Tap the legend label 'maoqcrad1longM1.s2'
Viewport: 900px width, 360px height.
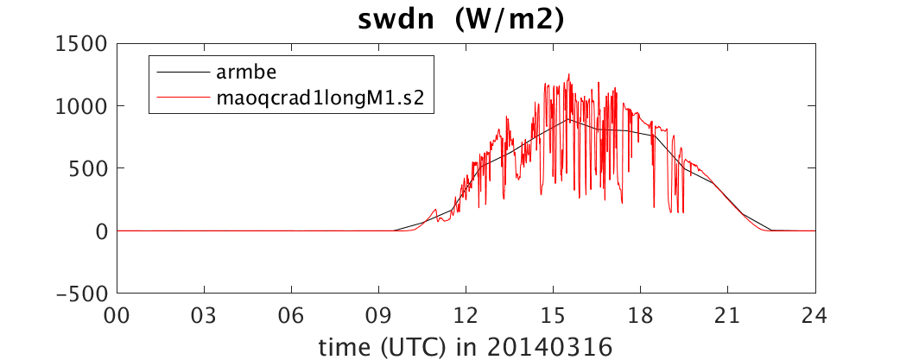[x=320, y=98]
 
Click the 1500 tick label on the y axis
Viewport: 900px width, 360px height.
[x=81, y=44]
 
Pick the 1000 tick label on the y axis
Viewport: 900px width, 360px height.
[x=81, y=107]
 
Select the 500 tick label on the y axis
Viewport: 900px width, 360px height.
[x=88, y=168]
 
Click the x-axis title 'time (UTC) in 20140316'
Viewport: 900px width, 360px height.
[x=466, y=346]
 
